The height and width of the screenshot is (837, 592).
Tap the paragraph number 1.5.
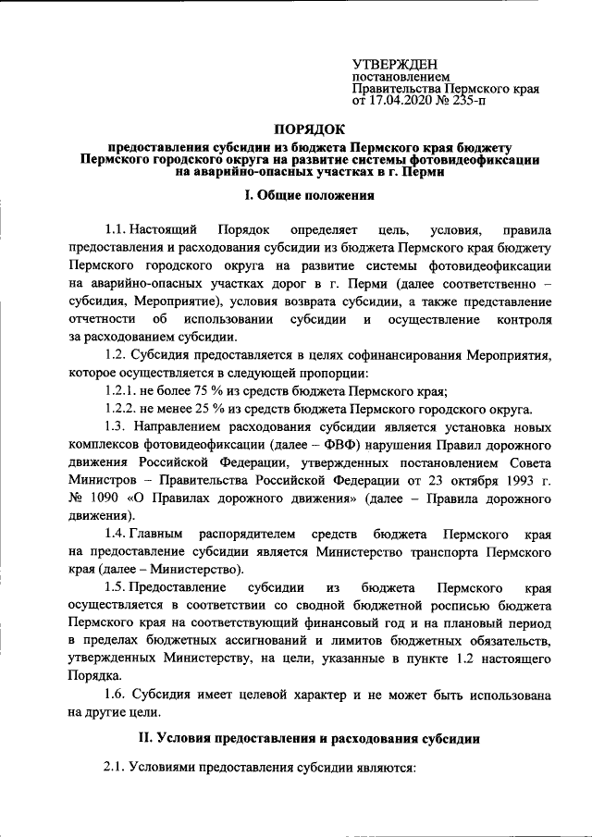pyautogui.click(x=116, y=588)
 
